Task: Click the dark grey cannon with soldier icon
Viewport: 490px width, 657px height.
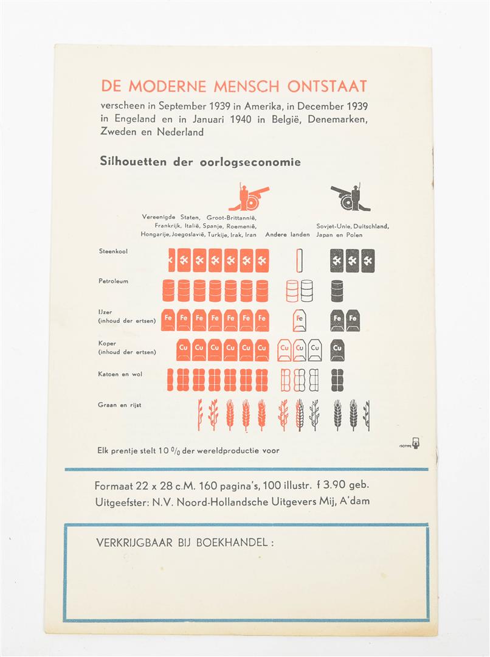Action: click(x=350, y=197)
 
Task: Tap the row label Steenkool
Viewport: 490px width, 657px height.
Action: click(x=114, y=251)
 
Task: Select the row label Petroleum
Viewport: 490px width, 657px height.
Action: click(x=114, y=281)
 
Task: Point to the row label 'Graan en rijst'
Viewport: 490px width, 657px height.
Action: click(x=119, y=405)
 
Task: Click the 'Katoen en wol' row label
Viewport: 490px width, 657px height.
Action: click(x=120, y=374)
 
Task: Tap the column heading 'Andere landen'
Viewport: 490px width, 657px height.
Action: click(x=288, y=234)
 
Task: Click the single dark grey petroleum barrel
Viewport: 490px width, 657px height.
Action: click(x=337, y=291)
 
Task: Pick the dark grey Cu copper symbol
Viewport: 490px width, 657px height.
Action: click(x=337, y=349)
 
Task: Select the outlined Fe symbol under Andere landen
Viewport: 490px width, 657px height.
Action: click(x=299, y=320)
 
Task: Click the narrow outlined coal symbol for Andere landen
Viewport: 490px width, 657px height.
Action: click(x=299, y=260)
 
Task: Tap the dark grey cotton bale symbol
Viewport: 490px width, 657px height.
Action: click(x=337, y=380)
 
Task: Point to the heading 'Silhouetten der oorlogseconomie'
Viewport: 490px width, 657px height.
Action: click(x=200, y=162)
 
